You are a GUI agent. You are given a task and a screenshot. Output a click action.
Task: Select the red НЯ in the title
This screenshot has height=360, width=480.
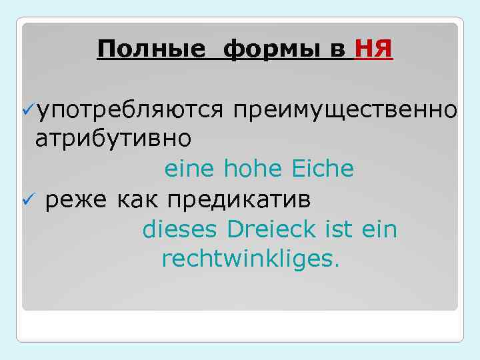click(x=374, y=49)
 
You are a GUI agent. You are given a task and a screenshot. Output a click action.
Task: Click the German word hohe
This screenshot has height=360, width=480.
click(x=251, y=169)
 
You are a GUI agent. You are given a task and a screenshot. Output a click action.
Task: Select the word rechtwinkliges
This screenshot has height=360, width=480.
click(x=249, y=259)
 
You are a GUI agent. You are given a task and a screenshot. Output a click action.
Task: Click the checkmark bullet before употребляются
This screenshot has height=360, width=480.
click(x=28, y=110)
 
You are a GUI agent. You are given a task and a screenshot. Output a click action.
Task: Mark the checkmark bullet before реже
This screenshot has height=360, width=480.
click(x=28, y=199)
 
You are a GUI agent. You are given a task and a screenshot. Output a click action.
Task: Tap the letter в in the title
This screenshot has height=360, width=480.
click(x=339, y=49)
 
